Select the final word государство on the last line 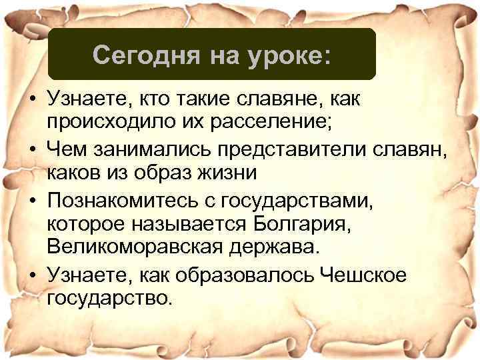tap(109, 295)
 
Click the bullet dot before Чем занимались tap(31, 150)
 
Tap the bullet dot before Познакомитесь tap(31, 199)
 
